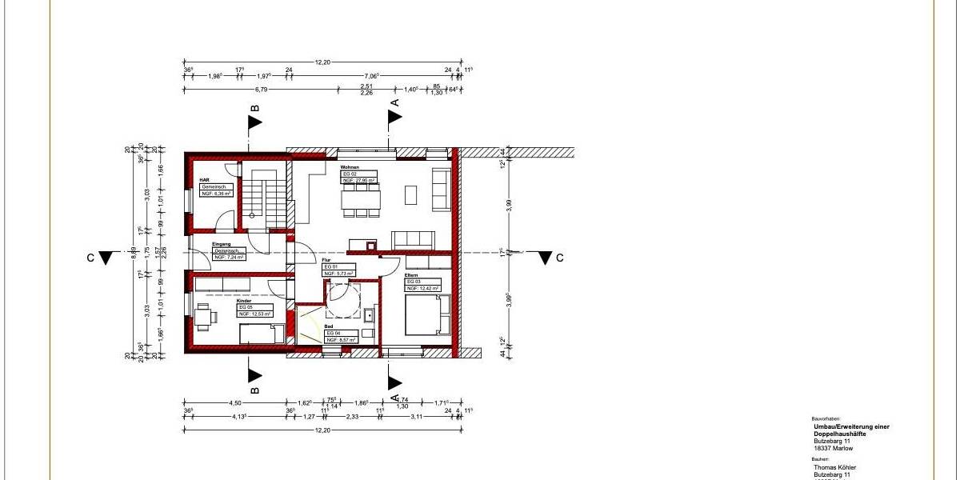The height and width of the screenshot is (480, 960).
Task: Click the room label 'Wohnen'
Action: point(350,166)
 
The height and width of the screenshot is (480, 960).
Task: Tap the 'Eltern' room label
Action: point(411,276)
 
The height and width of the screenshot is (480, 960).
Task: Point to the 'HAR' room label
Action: point(204,180)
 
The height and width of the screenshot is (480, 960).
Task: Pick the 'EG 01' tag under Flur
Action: point(330,266)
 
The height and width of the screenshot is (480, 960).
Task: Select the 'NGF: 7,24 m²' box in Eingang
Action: point(229,258)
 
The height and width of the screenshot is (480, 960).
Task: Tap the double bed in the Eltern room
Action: point(427,314)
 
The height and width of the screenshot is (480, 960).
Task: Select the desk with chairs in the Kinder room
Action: point(205,316)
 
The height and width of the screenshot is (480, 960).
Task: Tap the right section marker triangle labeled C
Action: point(545,258)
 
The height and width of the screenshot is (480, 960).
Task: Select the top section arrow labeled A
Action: point(394,117)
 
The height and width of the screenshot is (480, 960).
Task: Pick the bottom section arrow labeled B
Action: point(254,374)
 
